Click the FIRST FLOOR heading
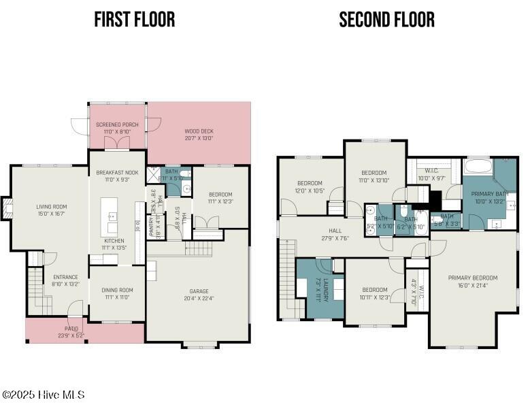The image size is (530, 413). (x=134, y=19)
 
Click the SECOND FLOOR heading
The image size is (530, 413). (x=386, y=19)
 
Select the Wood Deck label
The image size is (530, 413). (x=199, y=134)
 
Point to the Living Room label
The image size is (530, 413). (x=51, y=210)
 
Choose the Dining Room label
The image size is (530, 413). (x=117, y=293)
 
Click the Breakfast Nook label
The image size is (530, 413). (x=117, y=176)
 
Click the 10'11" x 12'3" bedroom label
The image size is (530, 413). (x=374, y=293)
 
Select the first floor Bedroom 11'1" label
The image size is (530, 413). (x=220, y=197)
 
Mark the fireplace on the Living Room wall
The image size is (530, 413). (x=6, y=208)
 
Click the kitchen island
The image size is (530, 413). (x=109, y=215)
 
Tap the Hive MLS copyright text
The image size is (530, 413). (x=43, y=395)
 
